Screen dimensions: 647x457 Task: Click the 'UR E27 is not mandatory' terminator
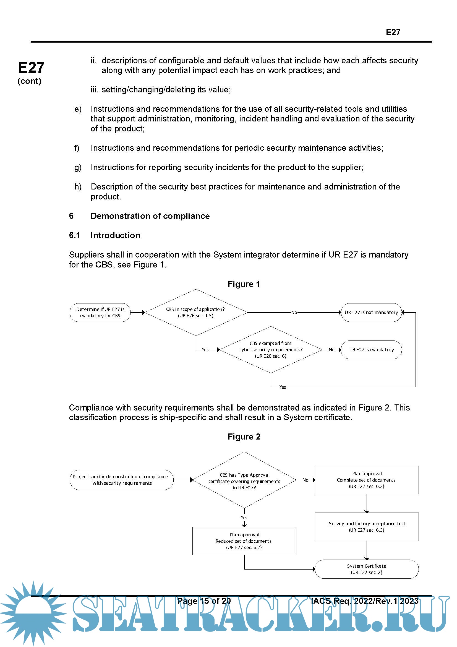click(x=371, y=313)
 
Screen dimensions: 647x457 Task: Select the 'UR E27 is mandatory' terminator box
click(x=371, y=350)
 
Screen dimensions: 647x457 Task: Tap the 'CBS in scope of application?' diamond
click(x=196, y=313)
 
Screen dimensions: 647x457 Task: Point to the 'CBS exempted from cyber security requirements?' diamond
click(x=271, y=350)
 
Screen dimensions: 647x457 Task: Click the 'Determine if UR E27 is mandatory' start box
click(x=100, y=313)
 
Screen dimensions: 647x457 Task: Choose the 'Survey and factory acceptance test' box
click(x=367, y=527)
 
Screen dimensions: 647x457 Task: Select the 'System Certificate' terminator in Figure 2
click(x=367, y=569)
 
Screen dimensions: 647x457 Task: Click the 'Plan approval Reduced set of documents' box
click(x=244, y=541)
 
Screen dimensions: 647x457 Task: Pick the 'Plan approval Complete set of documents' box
click(x=367, y=480)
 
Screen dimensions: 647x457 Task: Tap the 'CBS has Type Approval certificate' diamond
click(x=244, y=480)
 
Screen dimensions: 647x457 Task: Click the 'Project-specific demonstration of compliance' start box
click(x=121, y=480)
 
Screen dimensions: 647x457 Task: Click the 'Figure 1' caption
click(x=244, y=284)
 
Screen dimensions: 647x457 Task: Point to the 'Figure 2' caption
click(x=244, y=437)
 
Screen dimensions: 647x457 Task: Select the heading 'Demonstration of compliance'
click(x=150, y=216)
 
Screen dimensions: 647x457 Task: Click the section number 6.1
click(x=75, y=235)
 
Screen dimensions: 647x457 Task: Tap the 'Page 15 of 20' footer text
click(x=204, y=601)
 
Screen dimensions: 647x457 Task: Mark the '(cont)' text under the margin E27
click(x=29, y=81)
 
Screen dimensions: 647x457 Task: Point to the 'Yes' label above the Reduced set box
click(x=244, y=518)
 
